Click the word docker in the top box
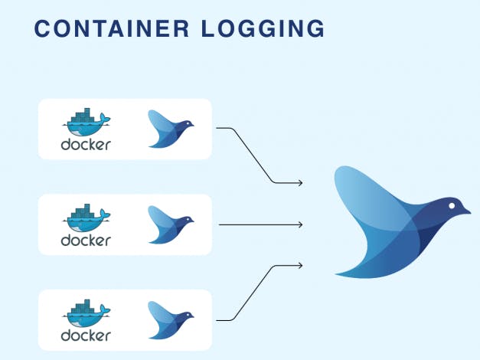(86, 145)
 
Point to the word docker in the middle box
(86, 241)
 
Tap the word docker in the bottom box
(86, 336)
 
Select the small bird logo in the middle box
(169, 224)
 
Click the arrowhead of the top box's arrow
(300, 183)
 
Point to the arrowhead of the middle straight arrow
(300, 224)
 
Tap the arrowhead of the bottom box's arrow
(300, 266)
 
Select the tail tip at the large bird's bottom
(338, 273)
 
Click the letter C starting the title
(43, 29)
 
